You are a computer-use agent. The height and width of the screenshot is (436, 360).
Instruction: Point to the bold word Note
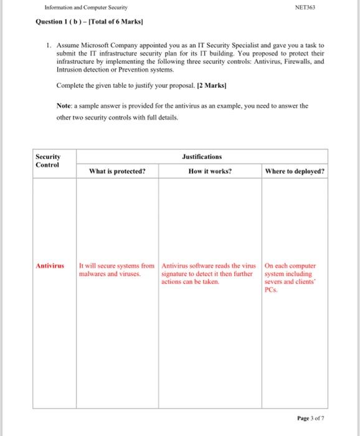pos(64,106)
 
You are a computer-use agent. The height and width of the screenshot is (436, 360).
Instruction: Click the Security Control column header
pos(48,161)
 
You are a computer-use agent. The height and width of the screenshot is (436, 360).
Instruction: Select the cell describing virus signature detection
pos(211,273)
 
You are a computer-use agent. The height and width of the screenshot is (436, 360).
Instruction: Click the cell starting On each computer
pos(293,277)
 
